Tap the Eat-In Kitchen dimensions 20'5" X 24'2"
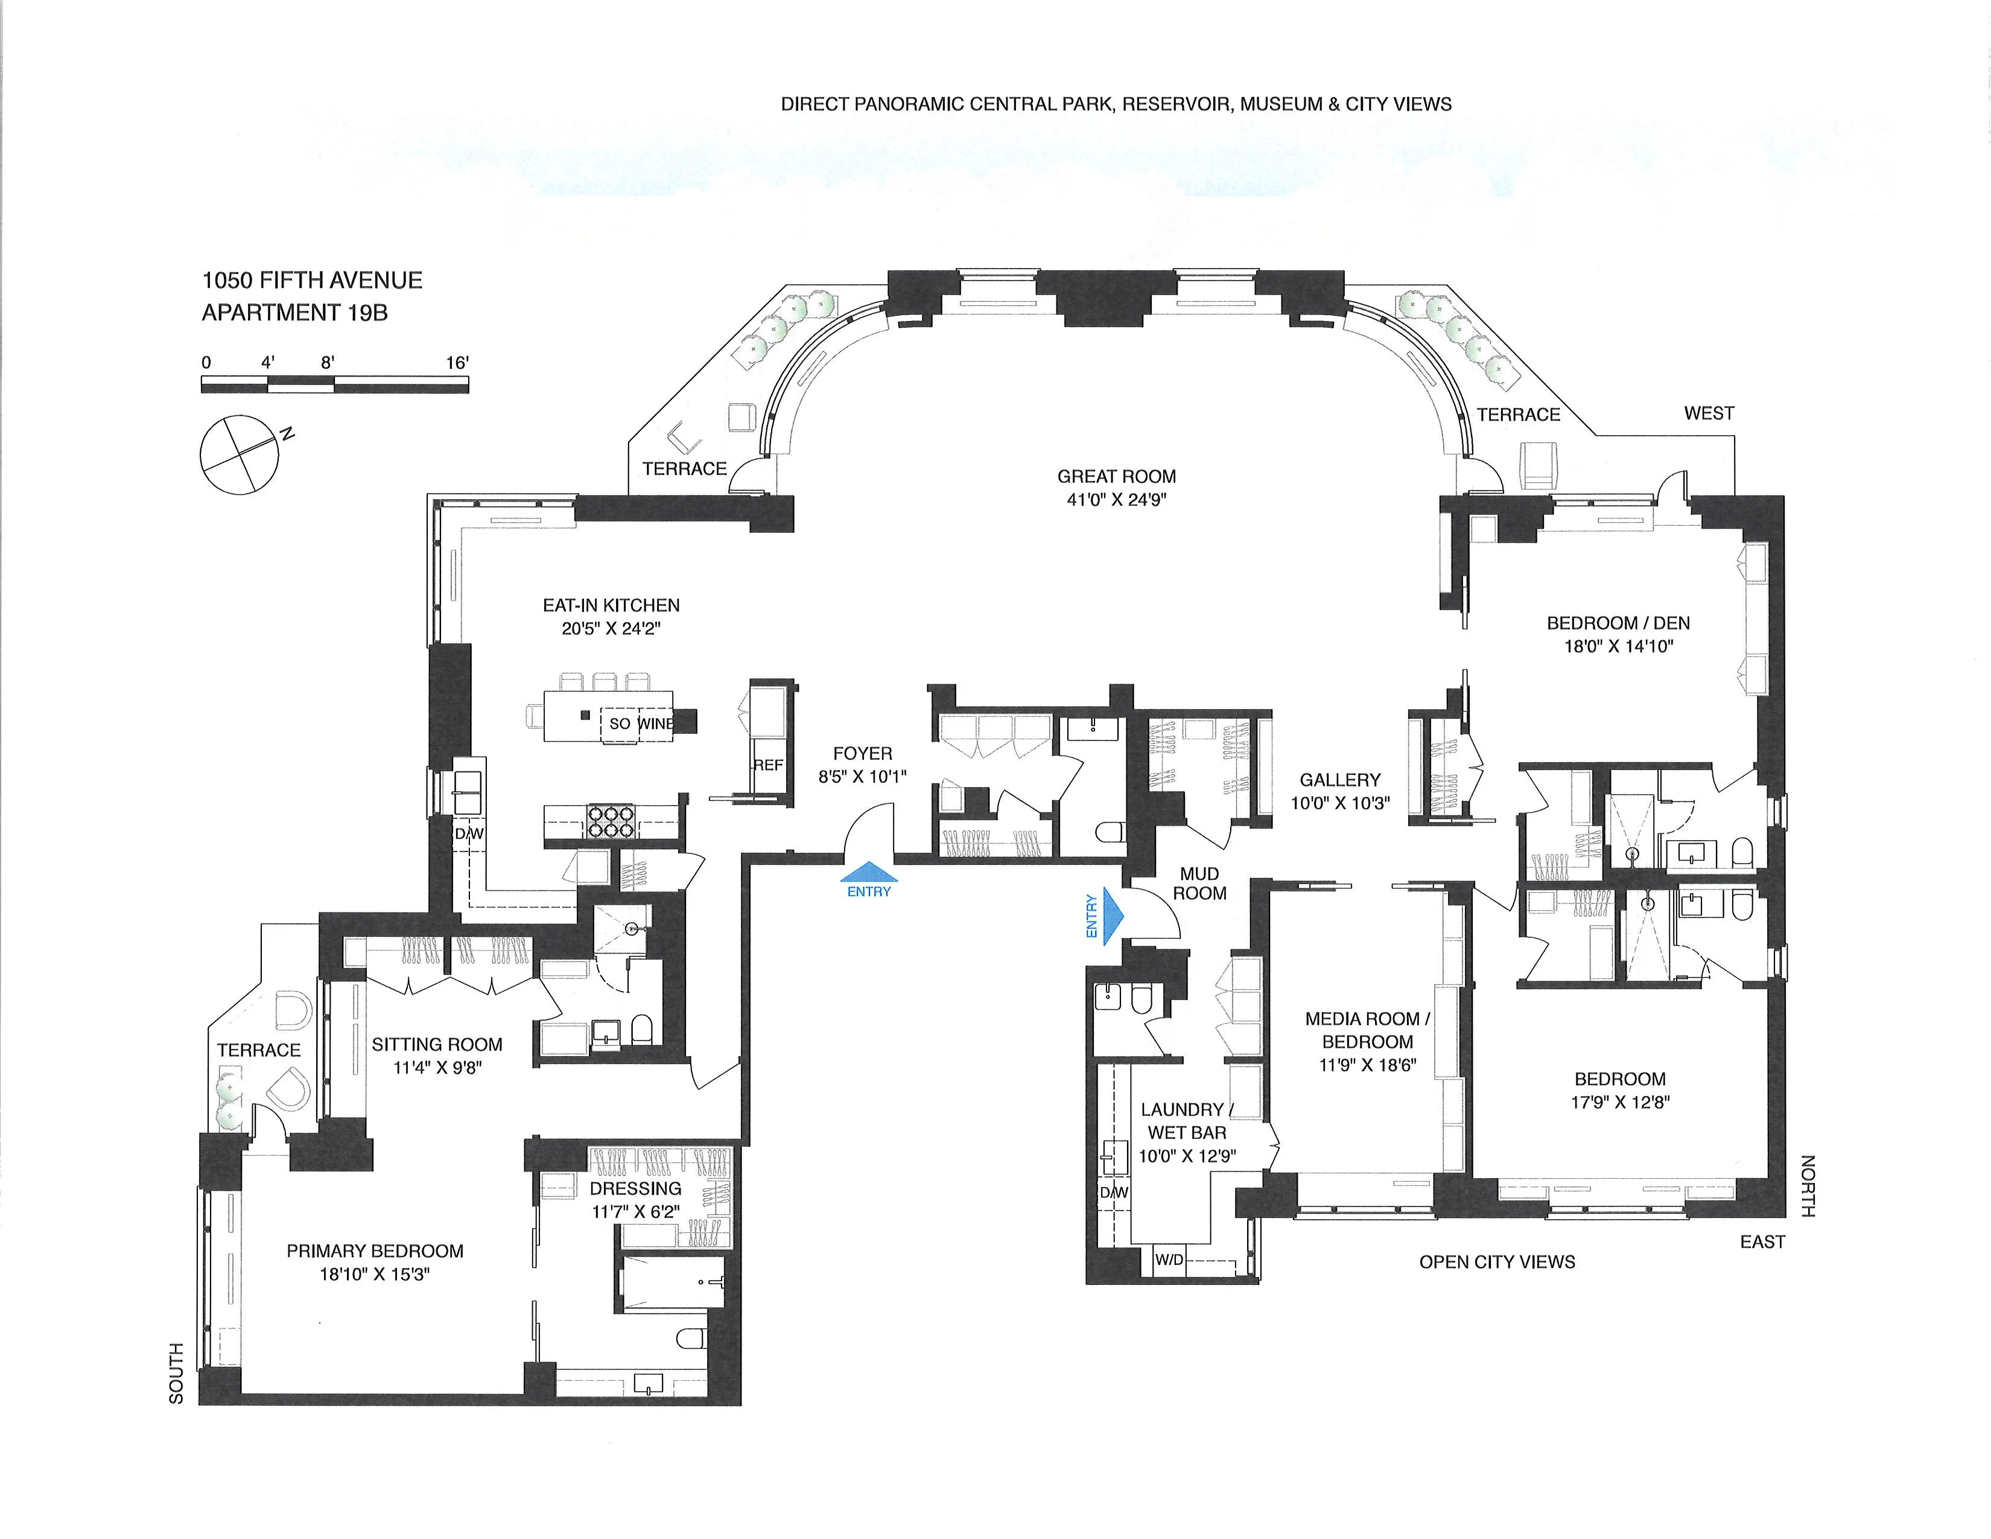pyautogui.click(x=611, y=629)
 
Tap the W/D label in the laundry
pyautogui.click(x=1169, y=1261)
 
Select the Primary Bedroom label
pyautogui.click(x=375, y=1252)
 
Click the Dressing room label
pyautogui.click(x=635, y=1189)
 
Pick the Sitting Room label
pyautogui.click(x=437, y=1045)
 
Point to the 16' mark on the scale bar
pyautogui.click(x=458, y=363)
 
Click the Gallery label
pyautogui.click(x=1339, y=780)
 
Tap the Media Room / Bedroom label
pyautogui.click(x=1367, y=1030)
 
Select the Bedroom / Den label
pyautogui.click(x=1618, y=623)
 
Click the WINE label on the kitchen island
pyautogui.click(x=655, y=724)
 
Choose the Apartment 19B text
pyautogui.click(x=294, y=313)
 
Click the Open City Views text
pyautogui.click(x=1497, y=1262)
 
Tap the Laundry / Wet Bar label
pyautogui.click(x=1187, y=1121)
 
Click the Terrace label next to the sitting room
pyautogui.click(x=259, y=1050)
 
